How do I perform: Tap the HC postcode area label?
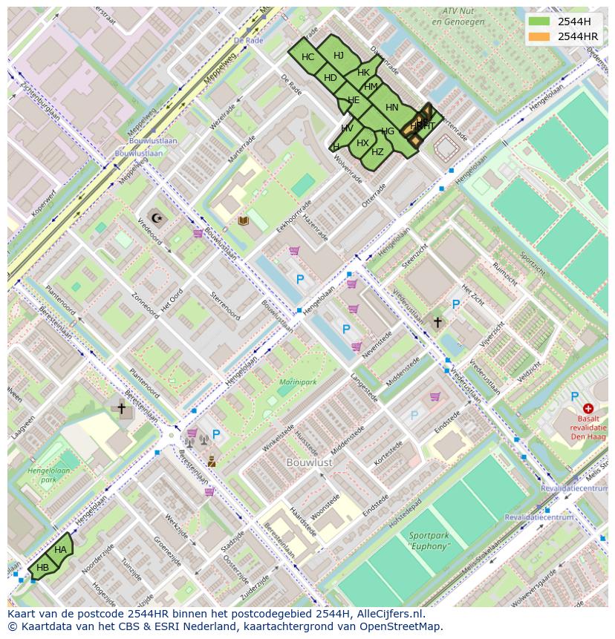pos(308,57)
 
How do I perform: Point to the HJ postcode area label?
pos(339,55)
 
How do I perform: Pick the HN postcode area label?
pos(392,108)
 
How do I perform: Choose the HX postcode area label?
pos(362,143)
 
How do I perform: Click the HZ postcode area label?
pos(377,152)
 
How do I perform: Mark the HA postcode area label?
pos(61,549)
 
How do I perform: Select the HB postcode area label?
pos(43,568)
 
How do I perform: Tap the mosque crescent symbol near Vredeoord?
pos(156,217)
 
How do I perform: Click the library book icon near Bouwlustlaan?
pos(243,220)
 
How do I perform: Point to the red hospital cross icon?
pos(588,408)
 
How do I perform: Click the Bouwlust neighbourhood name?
pos(310,462)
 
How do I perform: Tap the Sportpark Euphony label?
pos(429,540)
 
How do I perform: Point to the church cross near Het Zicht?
pos(437,322)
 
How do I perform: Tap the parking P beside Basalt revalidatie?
pos(574,397)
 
